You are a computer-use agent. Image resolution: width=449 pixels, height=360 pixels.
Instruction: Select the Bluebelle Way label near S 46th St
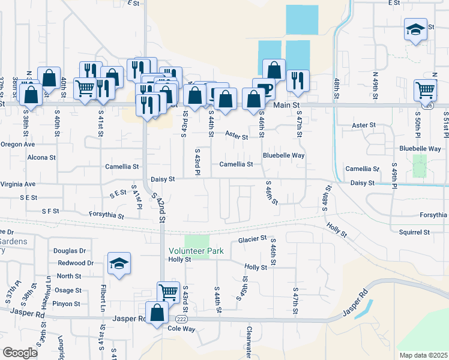[284, 155]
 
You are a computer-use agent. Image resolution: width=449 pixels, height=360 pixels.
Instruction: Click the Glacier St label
[252, 239]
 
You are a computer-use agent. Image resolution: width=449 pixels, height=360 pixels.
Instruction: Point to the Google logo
[20, 353]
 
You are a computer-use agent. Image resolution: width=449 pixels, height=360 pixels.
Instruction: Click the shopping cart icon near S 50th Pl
[425, 90]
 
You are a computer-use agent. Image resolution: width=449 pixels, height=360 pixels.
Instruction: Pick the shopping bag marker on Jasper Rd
[157, 313]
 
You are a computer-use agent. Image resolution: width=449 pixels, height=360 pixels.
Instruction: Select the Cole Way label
[181, 329]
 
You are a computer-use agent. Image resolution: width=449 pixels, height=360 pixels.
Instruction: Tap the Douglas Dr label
[70, 251]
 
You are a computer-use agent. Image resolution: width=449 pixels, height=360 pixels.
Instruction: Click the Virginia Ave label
[18, 184]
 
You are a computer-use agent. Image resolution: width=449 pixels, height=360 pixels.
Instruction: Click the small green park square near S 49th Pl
[420, 166]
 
